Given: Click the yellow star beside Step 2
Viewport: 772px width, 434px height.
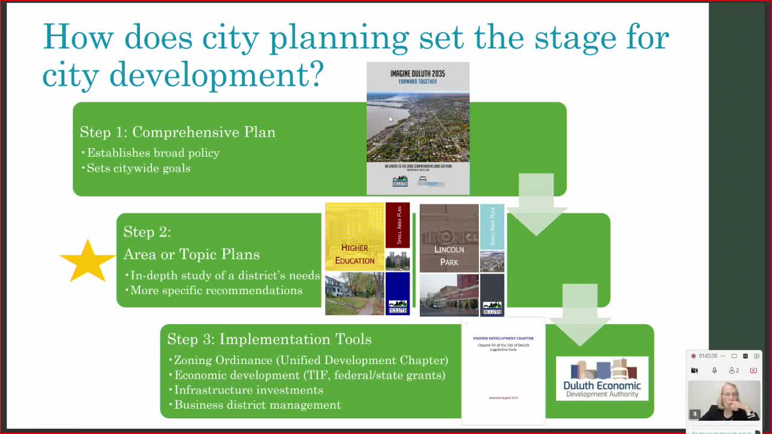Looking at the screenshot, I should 87,261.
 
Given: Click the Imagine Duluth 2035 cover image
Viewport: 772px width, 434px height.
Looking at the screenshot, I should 418,128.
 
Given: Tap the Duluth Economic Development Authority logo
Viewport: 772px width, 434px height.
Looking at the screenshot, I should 602,379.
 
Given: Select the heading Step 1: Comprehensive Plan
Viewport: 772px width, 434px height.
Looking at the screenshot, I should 177,132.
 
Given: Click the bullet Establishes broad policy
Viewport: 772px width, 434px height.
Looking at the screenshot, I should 153,153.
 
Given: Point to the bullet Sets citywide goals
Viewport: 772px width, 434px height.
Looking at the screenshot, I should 138,168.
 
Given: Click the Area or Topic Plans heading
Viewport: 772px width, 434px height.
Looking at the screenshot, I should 191,254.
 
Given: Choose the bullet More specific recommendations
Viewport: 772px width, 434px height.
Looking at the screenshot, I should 216,291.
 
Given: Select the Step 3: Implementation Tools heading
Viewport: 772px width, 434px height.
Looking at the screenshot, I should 269,339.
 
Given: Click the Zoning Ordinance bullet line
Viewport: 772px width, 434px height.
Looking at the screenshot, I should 311,360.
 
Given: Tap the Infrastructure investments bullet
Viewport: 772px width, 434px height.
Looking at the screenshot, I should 248,390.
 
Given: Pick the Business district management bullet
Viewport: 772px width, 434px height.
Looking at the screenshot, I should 257,405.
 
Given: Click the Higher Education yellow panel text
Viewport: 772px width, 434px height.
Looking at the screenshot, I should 355,254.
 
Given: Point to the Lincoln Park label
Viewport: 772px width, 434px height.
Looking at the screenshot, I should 449,256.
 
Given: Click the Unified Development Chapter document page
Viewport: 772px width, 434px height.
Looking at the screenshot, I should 503,371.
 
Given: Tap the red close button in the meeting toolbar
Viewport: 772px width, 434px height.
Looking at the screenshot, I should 753,370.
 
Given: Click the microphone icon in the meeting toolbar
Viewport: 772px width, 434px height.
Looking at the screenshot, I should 714,370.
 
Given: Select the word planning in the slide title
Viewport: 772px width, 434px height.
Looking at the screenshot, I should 339,37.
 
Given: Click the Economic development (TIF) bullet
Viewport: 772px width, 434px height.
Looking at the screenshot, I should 309,376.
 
